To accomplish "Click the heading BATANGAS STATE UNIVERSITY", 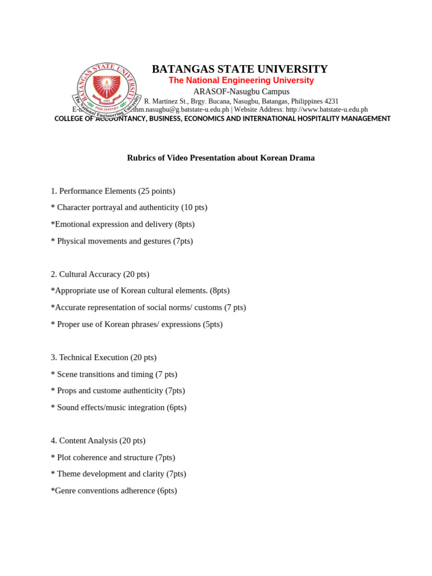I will (240, 69).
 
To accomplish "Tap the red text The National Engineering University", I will (241, 80).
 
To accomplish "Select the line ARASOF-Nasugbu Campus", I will (241, 91).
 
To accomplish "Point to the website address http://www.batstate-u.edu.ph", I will (326, 110).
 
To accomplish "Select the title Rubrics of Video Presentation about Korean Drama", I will (220, 157).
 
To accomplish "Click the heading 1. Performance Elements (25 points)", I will (112, 191).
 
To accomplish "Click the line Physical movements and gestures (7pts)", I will (124, 241).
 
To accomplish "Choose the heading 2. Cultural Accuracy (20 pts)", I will (100, 274).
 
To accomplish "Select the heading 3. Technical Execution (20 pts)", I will (103, 357).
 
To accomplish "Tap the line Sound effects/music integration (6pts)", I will (121, 407).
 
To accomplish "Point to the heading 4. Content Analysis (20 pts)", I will (98, 440).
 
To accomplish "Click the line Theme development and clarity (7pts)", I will (121, 474).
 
